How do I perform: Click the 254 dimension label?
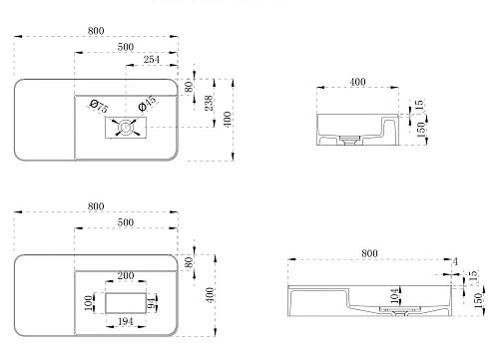152,60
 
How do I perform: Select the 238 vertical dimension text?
209,103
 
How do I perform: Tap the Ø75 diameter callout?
99,106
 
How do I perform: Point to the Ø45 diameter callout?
147,104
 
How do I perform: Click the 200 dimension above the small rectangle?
126,275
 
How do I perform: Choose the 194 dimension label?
126,321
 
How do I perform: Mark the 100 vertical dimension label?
89,303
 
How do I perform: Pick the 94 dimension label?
152,303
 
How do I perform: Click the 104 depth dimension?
394,296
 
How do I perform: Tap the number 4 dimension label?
455,261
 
